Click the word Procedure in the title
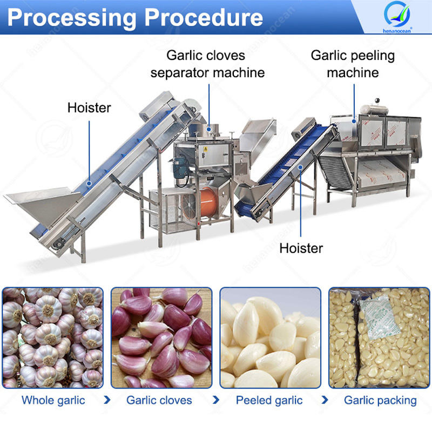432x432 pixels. pos(202,17)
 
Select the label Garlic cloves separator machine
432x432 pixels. pos(208,64)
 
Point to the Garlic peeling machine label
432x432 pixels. pos(353,64)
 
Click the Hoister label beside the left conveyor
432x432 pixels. pos(89,107)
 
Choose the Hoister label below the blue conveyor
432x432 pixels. pos(301,248)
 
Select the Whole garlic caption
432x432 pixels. pos(53,401)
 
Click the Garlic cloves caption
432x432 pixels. pos(159,401)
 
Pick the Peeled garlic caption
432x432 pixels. pos(269,401)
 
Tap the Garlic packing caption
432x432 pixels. pos(380,401)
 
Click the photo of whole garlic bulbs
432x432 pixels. pos(52,337)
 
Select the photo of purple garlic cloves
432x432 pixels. pos(161,337)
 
